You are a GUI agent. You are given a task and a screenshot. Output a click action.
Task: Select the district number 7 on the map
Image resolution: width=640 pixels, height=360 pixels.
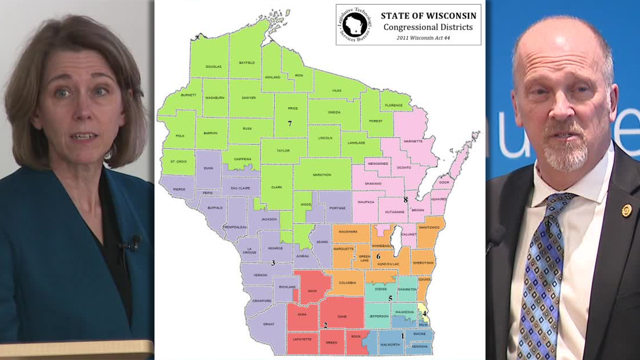click(x=289, y=123)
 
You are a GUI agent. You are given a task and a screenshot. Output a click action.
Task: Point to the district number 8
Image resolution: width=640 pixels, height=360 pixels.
click(x=405, y=199)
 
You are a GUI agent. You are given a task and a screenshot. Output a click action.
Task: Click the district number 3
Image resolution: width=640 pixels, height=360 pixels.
click(x=273, y=263)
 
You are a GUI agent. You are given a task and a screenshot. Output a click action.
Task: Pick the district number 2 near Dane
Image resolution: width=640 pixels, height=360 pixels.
click(x=325, y=325)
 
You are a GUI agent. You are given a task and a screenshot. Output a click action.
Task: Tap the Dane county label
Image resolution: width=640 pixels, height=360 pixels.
click(x=342, y=316)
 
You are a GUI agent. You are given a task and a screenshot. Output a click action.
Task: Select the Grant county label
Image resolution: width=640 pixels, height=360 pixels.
click(x=268, y=324)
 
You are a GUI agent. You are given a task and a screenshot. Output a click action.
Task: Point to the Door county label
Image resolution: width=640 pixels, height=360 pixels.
click(x=443, y=183)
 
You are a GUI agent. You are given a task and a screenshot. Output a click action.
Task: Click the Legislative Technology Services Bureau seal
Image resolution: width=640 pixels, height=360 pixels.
click(x=354, y=24)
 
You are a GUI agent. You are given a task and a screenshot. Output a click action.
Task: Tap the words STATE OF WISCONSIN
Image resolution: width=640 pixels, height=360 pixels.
click(x=428, y=16)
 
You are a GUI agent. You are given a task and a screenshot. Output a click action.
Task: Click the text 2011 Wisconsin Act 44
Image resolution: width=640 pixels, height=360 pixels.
click(x=423, y=37)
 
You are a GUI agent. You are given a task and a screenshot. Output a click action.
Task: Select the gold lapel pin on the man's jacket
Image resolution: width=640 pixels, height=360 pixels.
click(x=626, y=210)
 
